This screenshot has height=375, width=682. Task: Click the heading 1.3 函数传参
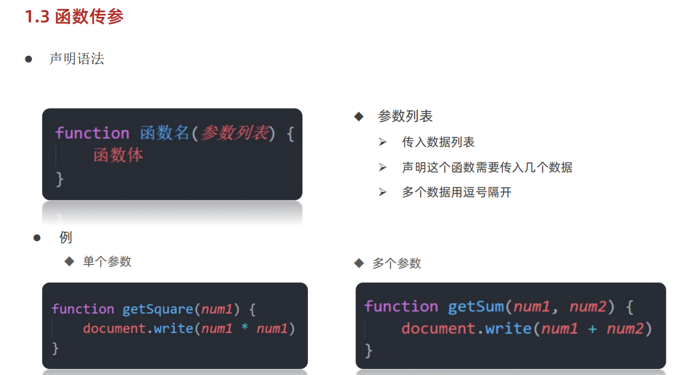pyautogui.click(x=74, y=16)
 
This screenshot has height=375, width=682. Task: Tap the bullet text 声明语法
pyautogui.click(x=77, y=59)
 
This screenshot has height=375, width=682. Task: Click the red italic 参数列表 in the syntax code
pyautogui.click(x=234, y=133)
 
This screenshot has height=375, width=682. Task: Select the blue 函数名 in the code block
pyautogui.click(x=165, y=133)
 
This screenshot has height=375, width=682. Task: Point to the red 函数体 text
pyautogui.click(x=118, y=155)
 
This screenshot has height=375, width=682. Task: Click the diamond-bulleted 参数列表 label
pyautogui.click(x=405, y=116)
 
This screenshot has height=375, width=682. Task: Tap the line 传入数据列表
pyautogui.click(x=438, y=142)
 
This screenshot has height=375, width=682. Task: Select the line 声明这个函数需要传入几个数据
pyautogui.click(x=487, y=167)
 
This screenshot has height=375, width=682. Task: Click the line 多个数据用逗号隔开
pyautogui.click(x=456, y=193)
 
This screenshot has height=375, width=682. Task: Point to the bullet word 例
pyautogui.click(x=66, y=237)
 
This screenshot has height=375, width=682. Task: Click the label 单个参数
pyautogui.click(x=107, y=261)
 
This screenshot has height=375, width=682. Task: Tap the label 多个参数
pyautogui.click(x=397, y=263)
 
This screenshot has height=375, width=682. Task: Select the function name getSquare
pyautogui.click(x=158, y=309)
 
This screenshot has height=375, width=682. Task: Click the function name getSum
pyautogui.click(x=476, y=307)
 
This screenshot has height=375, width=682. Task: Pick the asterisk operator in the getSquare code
pyautogui.click(x=244, y=329)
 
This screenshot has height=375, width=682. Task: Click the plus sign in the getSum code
pyautogui.click(x=592, y=329)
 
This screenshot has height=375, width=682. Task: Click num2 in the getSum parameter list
pyautogui.click(x=588, y=307)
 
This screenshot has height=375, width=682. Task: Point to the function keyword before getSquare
pyautogui.click(x=83, y=309)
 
